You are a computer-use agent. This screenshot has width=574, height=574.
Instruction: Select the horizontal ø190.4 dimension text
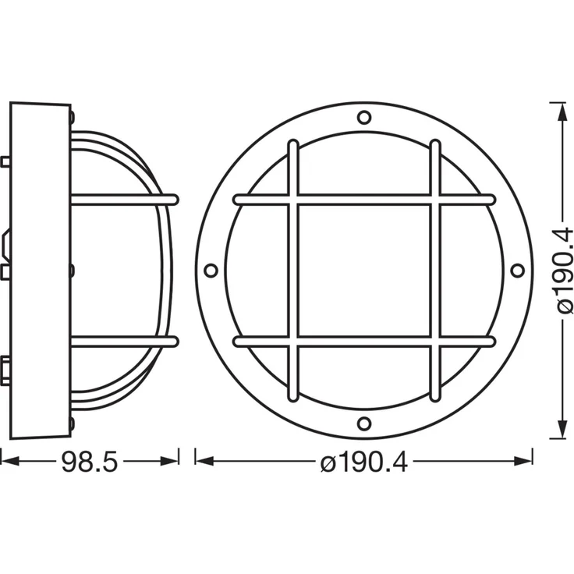point(364,462)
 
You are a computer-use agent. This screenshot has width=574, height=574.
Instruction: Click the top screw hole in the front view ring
point(364,118)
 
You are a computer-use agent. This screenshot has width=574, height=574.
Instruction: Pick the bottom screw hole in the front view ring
point(364,423)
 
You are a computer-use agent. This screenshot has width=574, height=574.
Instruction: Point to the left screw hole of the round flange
point(211,271)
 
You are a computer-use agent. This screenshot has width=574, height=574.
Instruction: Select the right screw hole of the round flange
point(517,271)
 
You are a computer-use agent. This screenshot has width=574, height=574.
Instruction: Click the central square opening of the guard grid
point(364,271)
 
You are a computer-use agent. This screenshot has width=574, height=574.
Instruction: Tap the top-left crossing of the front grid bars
point(292,200)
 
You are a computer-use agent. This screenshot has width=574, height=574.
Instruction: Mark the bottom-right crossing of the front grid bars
point(435,342)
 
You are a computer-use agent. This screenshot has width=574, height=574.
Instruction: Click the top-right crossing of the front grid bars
point(435,200)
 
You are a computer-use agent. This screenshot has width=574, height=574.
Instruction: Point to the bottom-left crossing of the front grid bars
point(292,342)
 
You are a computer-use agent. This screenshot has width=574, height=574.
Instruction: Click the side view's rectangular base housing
point(39,271)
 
